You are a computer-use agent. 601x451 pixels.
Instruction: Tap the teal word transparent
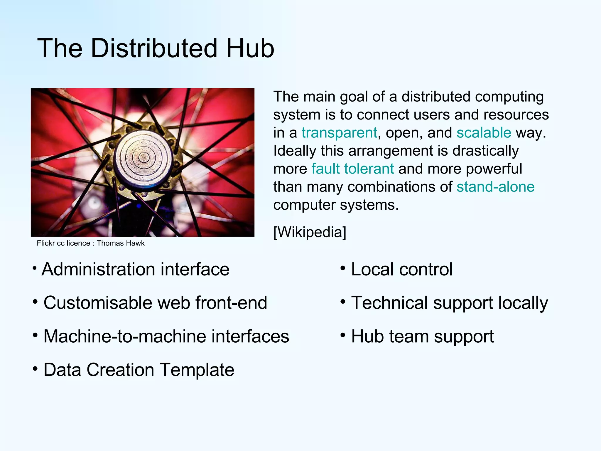coord(339,133)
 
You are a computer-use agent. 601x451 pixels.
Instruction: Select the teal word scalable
coord(484,133)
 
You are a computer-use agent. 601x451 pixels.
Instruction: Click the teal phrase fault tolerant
coord(352,169)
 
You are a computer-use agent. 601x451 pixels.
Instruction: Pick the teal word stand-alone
coord(495,187)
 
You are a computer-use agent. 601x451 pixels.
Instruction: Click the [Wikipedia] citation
coord(310,232)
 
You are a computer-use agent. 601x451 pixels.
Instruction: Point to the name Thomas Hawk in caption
coord(121,243)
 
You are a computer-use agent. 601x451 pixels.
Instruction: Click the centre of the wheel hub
coord(144,157)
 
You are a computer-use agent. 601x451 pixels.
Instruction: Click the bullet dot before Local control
coord(342,268)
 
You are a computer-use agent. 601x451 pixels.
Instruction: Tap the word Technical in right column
coord(389,303)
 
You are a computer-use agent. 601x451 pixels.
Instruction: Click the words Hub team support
coord(422,336)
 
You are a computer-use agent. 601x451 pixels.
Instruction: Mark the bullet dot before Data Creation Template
coord(35,368)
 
